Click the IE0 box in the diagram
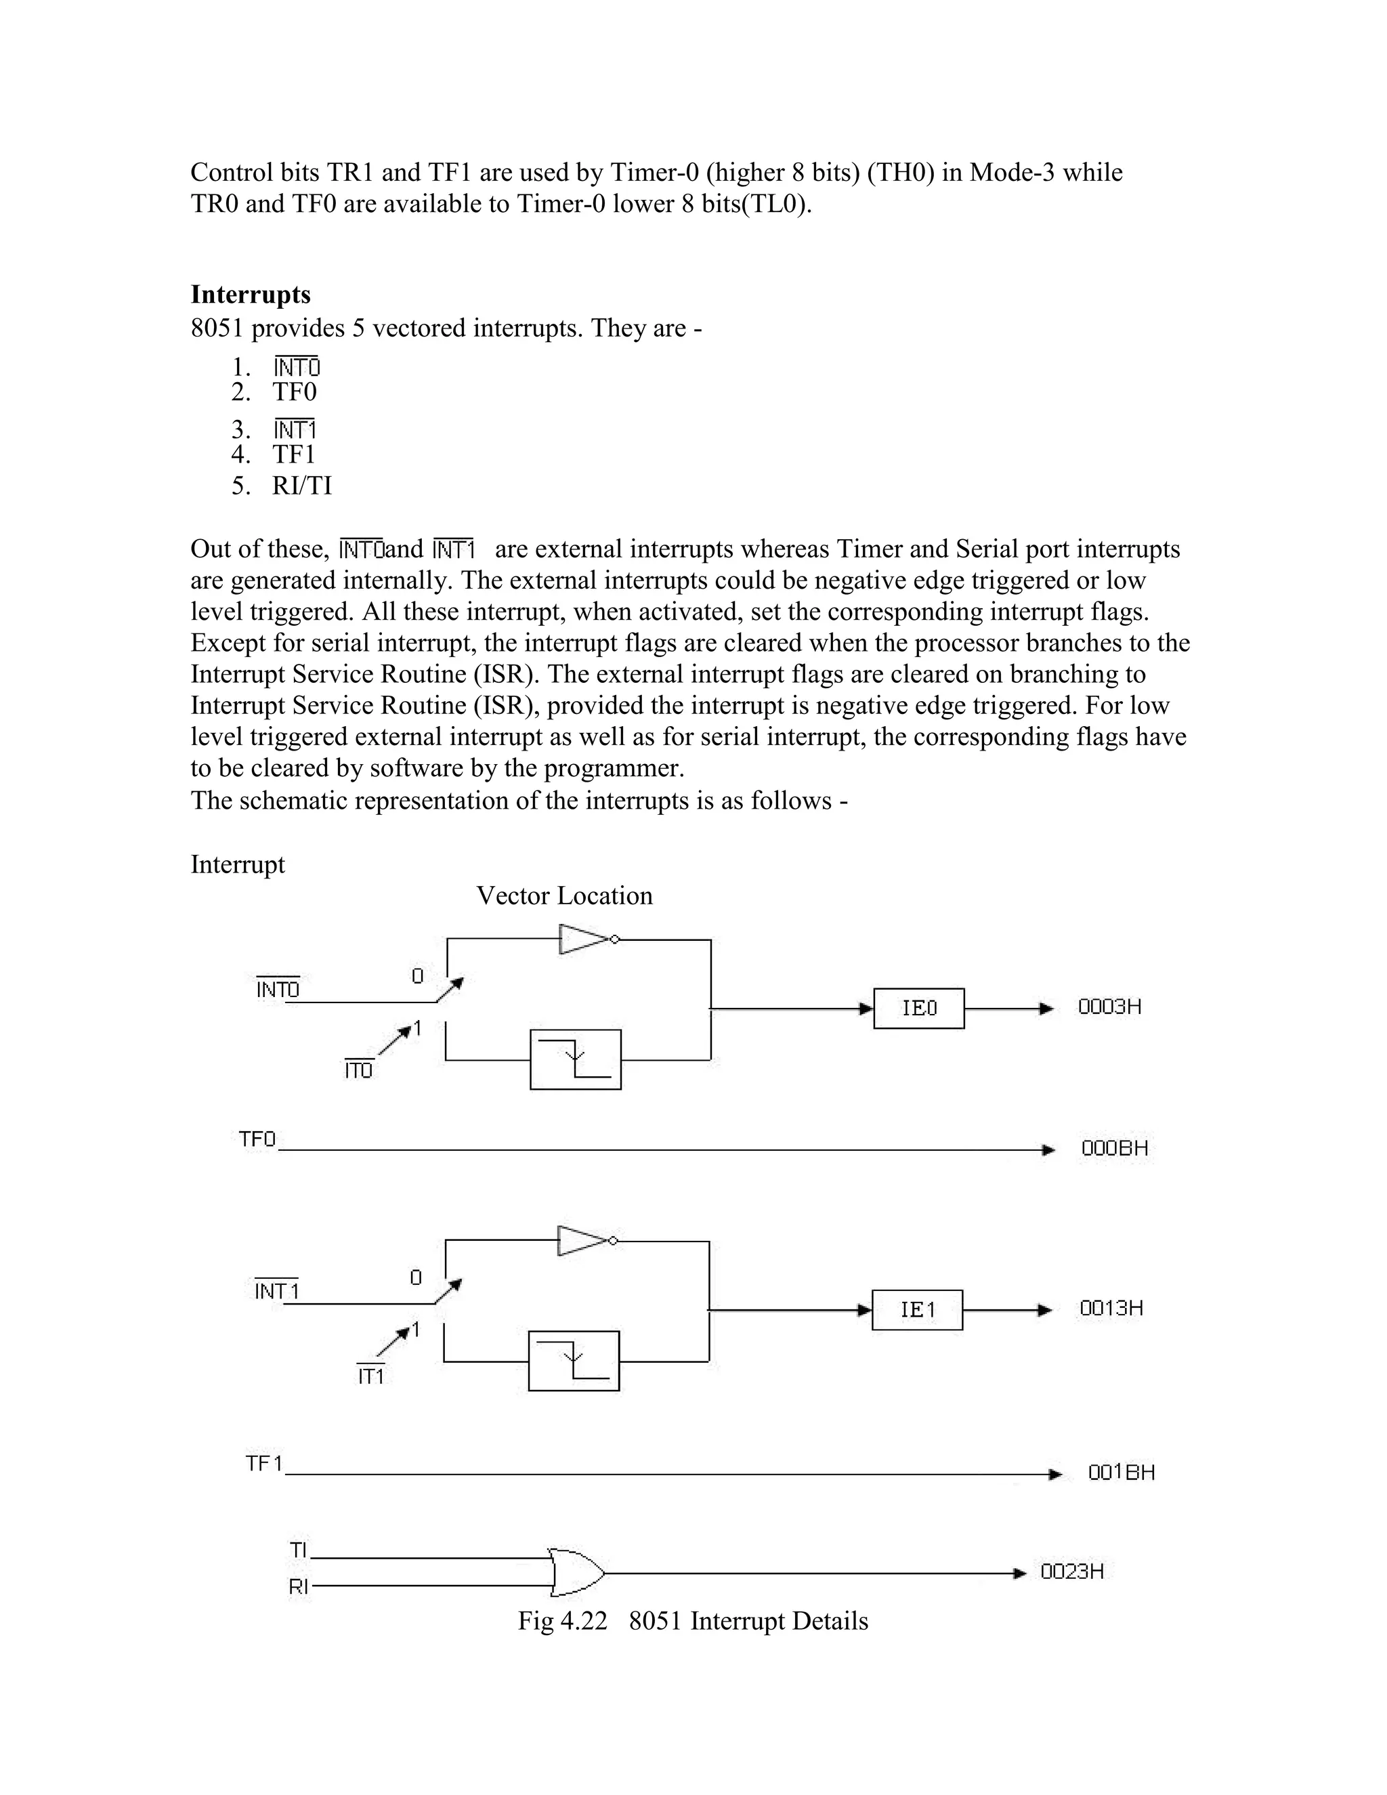point(918,1008)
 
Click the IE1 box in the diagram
point(917,1309)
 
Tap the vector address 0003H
point(1109,1007)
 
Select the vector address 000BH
point(1114,1148)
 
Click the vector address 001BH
point(1122,1472)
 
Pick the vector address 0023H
point(1071,1571)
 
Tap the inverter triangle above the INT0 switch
point(585,939)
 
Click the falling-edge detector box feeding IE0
point(575,1059)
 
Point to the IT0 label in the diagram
point(358,1071)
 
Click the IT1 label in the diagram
point(371,1376)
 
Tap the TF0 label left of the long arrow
point(257,1139)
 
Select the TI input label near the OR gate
point(298,1550)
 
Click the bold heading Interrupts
point(251,294)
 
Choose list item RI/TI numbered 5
point(301,486)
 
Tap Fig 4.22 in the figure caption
point(562,1621)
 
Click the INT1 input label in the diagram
point(277,1291)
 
